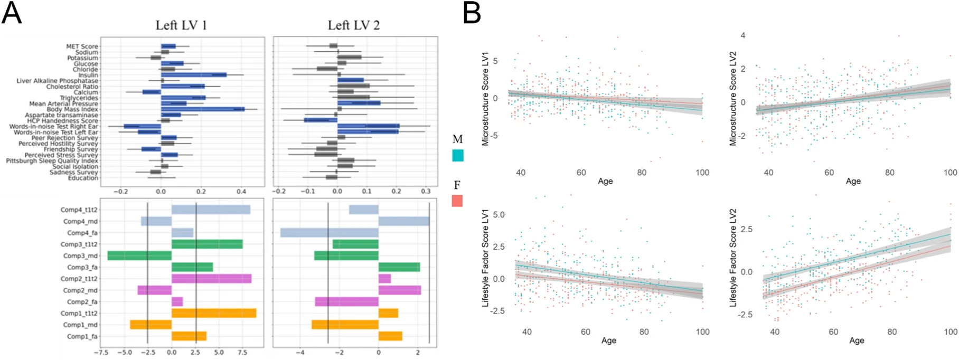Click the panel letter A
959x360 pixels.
(12, 13)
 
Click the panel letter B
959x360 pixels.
(472, 13)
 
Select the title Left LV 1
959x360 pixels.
(181, 25)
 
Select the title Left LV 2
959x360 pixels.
(353, 25)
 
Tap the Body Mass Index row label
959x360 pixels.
(72, 109)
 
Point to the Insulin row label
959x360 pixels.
(88, 75)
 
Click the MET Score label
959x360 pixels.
(82, 46)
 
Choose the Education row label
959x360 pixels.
(83, 178)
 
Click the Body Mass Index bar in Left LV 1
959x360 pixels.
(203, 109)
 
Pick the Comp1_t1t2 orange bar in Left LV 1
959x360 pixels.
(214, 314)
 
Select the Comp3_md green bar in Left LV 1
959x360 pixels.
(139, 255)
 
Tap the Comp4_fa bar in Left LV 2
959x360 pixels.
(329, 233)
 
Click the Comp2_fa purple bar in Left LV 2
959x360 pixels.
(346, 302)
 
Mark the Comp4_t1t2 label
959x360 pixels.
(79, 210)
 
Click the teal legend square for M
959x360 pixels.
(458, 156)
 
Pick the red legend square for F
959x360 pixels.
(457, 201)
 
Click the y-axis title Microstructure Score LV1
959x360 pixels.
(486, 99)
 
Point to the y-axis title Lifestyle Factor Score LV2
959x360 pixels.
(734, 258)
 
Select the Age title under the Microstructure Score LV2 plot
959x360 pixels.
(853, 181)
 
